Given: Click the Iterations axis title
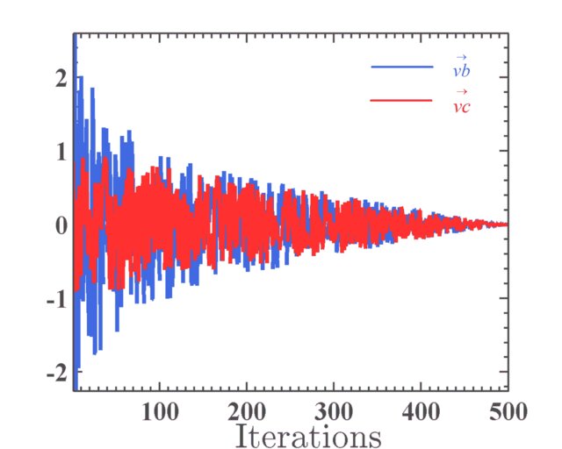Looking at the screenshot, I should tap(307, 435).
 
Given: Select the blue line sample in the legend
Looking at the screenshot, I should tap(402, 67).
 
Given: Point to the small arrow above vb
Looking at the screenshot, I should tap(461, 56).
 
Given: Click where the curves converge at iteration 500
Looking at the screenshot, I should tap(507, 224).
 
